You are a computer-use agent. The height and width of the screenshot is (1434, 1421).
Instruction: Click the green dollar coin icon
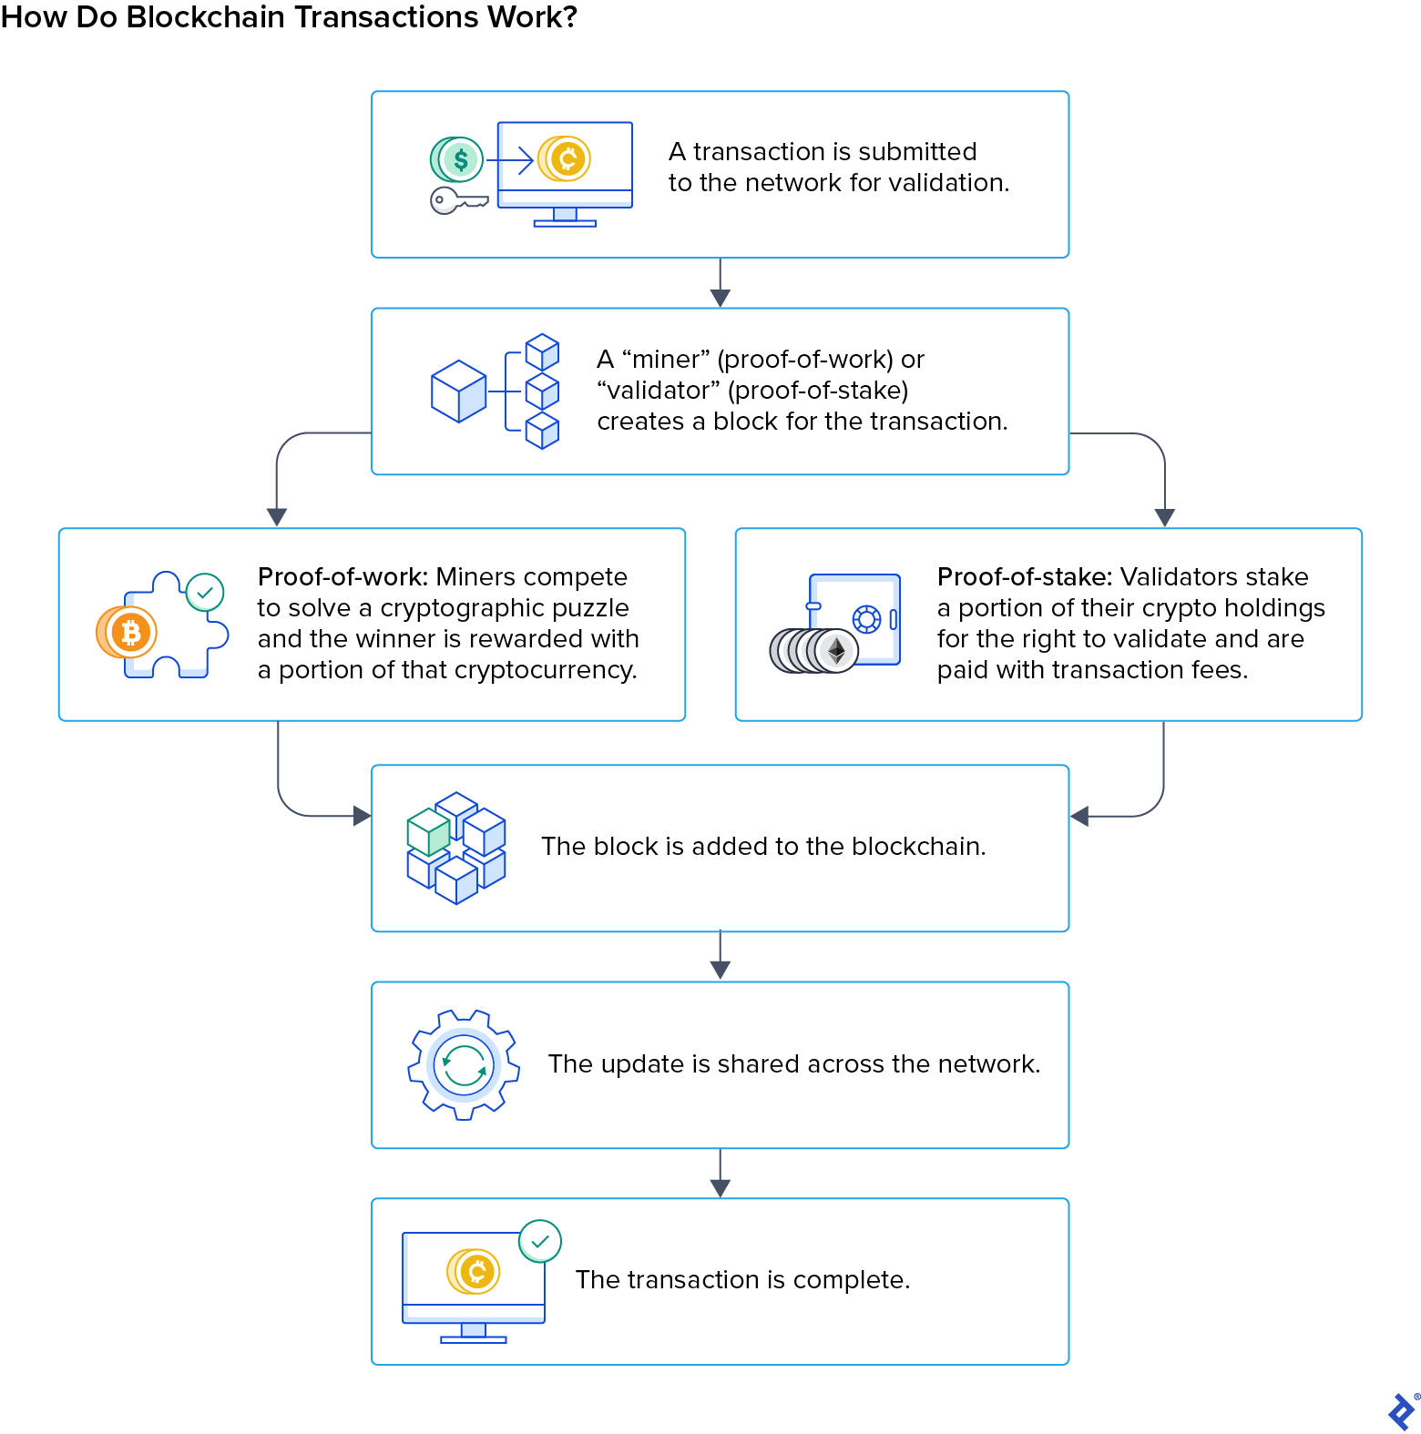[x=458, y=160]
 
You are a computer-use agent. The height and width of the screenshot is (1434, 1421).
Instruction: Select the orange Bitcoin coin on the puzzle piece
[x=128, y=632]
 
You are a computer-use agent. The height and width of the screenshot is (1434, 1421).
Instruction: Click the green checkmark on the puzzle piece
[x=205, y=593]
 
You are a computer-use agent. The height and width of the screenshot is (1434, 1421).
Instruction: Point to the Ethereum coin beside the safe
[x=835, y=651]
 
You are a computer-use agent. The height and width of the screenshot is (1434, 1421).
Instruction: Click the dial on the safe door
[x=866, y=620]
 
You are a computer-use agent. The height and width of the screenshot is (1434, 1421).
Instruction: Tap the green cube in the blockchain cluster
[x=428, y=831]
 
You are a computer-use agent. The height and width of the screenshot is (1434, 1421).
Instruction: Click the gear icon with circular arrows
[x=464, y=1064]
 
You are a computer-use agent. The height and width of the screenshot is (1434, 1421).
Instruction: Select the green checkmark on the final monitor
[x=540, y=1241]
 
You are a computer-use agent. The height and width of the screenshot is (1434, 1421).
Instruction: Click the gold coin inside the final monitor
[x=475, y=1271]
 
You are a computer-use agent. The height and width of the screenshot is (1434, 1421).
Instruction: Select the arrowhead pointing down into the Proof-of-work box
[x=277, y=516]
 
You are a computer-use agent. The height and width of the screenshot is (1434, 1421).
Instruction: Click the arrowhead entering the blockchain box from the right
[x=1080, y=817]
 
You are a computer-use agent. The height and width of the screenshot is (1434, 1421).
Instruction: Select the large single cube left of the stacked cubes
[x=458, y=392]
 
